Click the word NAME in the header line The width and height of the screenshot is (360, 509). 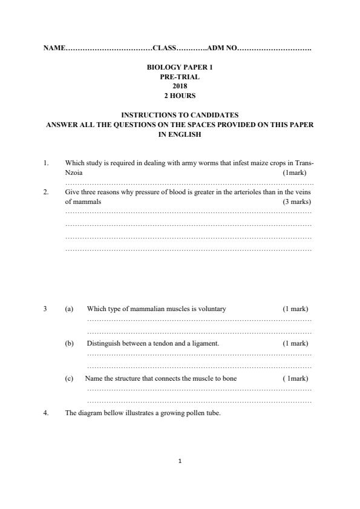click(53, 47)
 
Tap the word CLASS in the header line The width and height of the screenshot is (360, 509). click(164, 47)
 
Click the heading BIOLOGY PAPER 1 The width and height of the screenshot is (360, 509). click(180, 68)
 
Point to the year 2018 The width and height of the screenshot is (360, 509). click(180, 87)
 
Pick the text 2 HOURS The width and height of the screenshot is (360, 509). click(180, 96)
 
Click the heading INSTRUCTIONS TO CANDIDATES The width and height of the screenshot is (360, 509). click(180, 114)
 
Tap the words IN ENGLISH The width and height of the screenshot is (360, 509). click(180, 135)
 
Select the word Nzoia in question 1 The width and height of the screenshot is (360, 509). click(73, 172)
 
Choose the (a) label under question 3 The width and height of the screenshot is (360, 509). click(69, 309)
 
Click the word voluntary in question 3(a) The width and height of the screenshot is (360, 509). click(212, 309)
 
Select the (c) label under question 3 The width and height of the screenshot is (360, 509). click(69, 378)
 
